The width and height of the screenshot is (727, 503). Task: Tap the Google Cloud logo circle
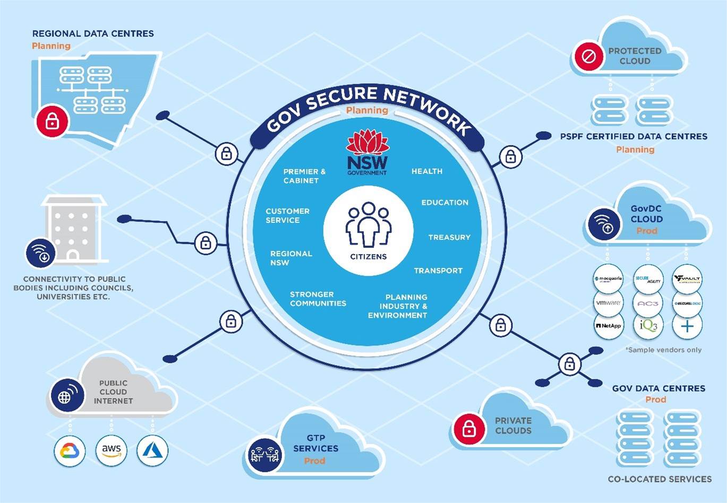(x=70, y=451)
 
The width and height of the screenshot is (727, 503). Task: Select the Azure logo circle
(x=152, y=451)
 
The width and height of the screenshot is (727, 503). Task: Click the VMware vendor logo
(x=608, y=303)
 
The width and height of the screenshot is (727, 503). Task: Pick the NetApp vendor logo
(x=608, y=325)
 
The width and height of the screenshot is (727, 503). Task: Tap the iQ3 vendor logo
(x=648, y=325)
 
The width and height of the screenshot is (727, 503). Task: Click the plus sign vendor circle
(x=687, y=325)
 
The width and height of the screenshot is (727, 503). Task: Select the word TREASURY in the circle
(x=449, y=237)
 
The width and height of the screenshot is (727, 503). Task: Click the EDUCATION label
(x=445, y=202)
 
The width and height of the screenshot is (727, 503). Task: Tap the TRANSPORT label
(x=438, y=271)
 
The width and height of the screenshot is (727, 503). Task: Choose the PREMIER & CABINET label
(x=304, y=176)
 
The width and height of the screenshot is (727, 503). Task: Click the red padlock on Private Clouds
(x=469, y=428)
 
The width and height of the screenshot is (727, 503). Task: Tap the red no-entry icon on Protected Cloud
(x=588, y=56)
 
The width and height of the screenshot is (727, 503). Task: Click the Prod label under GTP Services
(x=314, y=461)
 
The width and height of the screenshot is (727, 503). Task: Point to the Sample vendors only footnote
(x=663, y=350)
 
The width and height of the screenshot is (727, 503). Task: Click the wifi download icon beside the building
(x=41, y=253)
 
